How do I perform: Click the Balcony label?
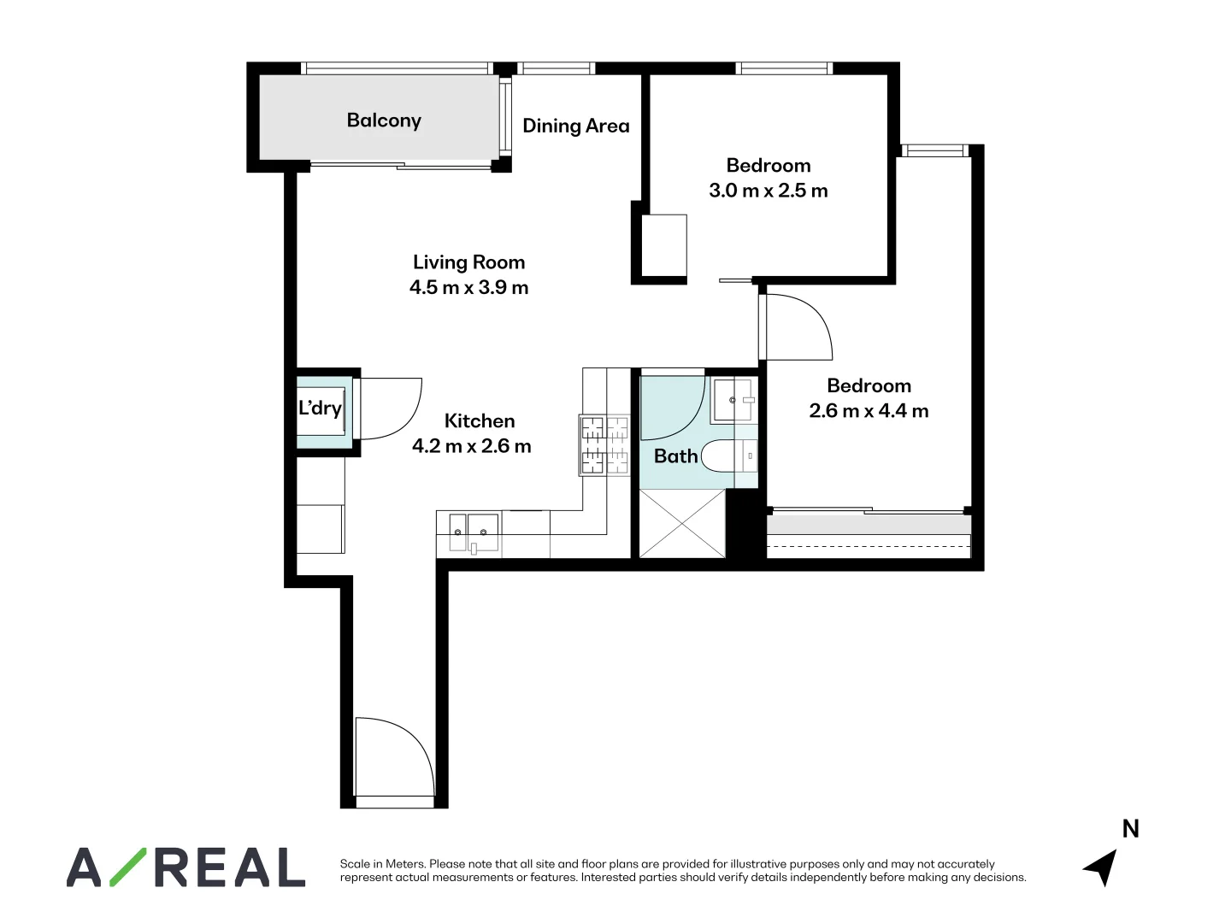[x=384, y=121]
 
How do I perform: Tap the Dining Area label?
[x=575, y=126]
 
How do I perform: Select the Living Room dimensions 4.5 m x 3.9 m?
[x=468, y=288]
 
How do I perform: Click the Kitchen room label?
[x=480, y=420]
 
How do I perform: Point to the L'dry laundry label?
[x=320, y=409]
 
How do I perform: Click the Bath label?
[x=675, y=456]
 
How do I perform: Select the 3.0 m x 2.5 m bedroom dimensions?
[x=768, y=191]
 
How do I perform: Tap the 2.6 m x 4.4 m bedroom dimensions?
[x=869, y=411]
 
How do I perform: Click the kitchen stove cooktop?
[x=604, y=444]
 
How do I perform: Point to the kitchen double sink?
[x=470, y=532]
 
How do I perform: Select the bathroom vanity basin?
[x=733, y=399]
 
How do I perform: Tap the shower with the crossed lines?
[x=682, y=523]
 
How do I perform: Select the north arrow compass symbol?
[x=1101, y=867]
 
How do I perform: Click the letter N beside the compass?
[x=1130, y=829]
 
